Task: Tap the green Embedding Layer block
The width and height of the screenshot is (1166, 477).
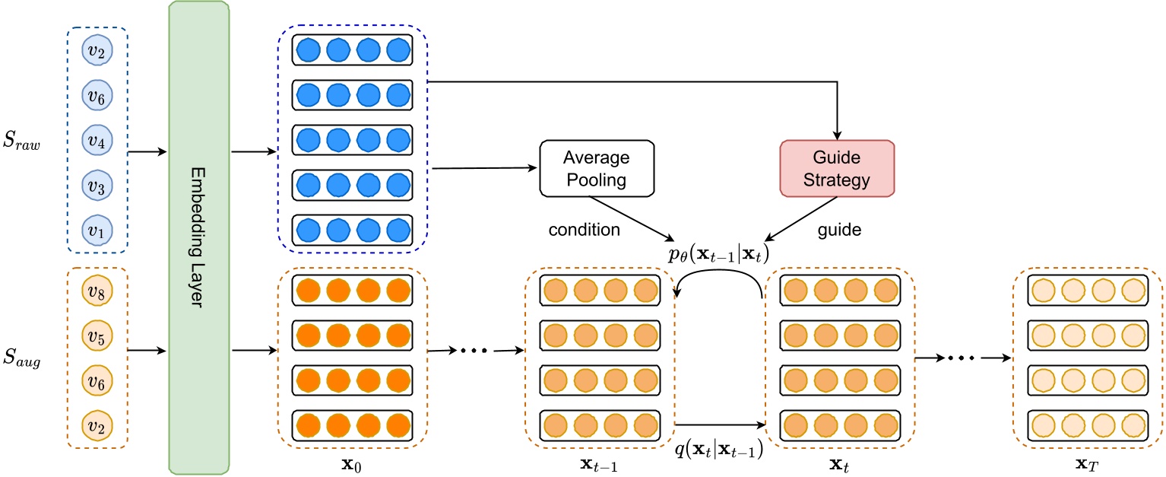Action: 197,237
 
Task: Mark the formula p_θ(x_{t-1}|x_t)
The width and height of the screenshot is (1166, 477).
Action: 718,255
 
